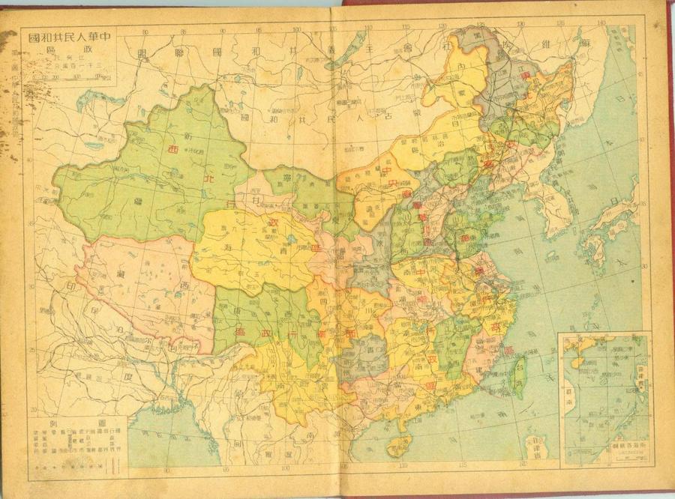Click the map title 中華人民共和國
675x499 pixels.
click(x=70, y=37)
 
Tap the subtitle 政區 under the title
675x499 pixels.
click(x=72, y=49)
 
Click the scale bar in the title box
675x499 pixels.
click(x=72, y=76)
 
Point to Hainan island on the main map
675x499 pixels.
click(x=398, y=446)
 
